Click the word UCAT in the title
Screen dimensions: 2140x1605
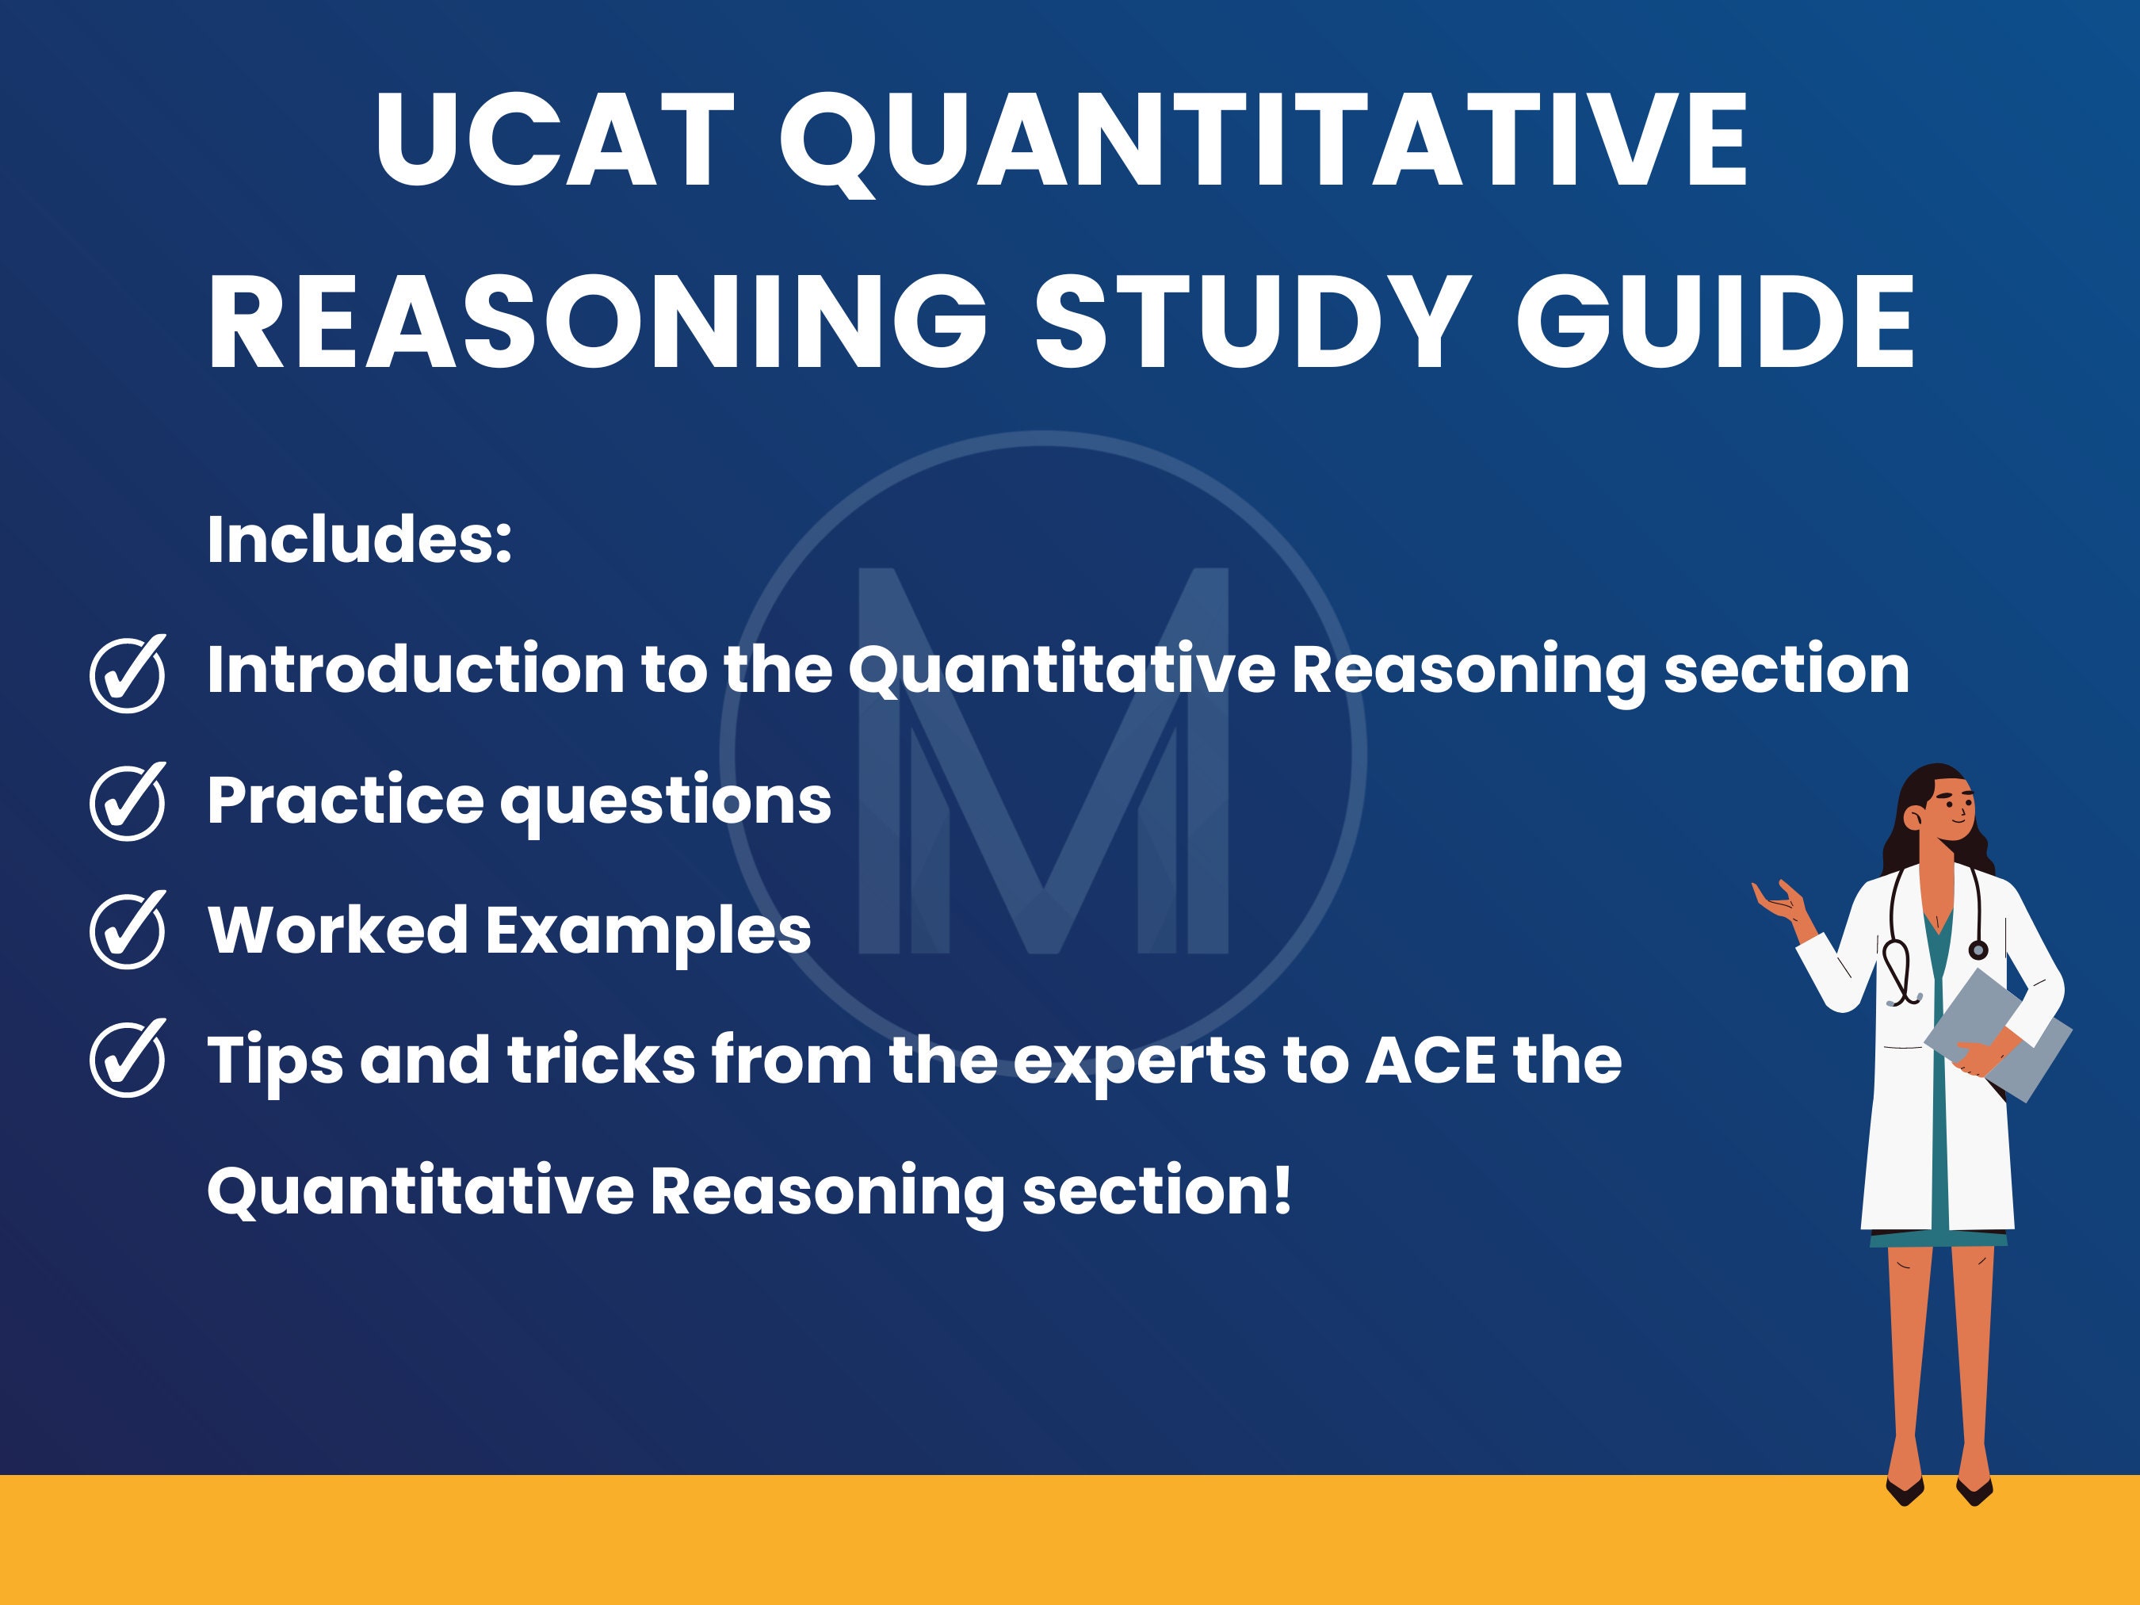(554, 139)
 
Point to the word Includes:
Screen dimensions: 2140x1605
(359, 538)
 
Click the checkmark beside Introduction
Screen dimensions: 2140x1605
(128, 674)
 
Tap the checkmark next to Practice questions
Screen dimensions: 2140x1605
(128, 802)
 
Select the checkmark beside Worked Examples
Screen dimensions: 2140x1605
(128, 931)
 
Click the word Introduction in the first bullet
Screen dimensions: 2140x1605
(416, 670)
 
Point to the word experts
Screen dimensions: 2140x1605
(1141, 1062)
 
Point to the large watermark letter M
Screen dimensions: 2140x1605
(1043, 760)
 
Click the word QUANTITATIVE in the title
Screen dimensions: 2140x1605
(1263, 141)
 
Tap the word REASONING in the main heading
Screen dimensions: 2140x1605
(598, 321)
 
